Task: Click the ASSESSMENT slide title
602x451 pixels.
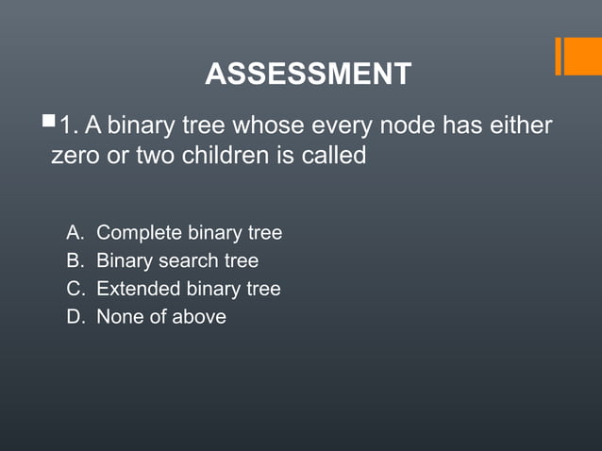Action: (308, 74)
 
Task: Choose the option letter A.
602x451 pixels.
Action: (74, 232)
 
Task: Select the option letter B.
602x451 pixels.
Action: (74, 260)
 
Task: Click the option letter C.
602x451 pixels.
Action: (74, 289)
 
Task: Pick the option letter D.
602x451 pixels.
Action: (74, 317)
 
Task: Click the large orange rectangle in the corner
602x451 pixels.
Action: (584, 56)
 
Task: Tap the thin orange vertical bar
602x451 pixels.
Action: (559, 56)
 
